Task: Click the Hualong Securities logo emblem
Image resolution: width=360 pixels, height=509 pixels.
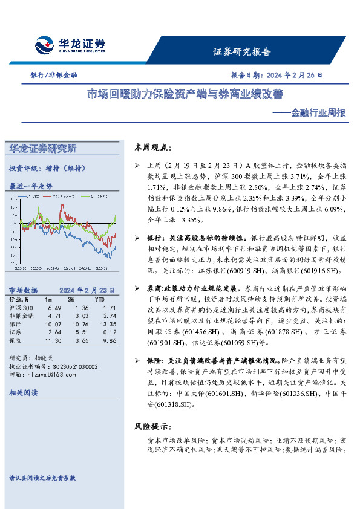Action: tap(45, 45)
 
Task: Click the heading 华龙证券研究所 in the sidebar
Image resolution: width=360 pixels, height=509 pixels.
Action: tap(42, 148)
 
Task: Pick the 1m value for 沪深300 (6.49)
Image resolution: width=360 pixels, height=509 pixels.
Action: tap(54, 308)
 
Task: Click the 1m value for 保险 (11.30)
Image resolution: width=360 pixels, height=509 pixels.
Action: tap(53, 341)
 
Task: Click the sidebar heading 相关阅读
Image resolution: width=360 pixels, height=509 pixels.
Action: tap(24, 393)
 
